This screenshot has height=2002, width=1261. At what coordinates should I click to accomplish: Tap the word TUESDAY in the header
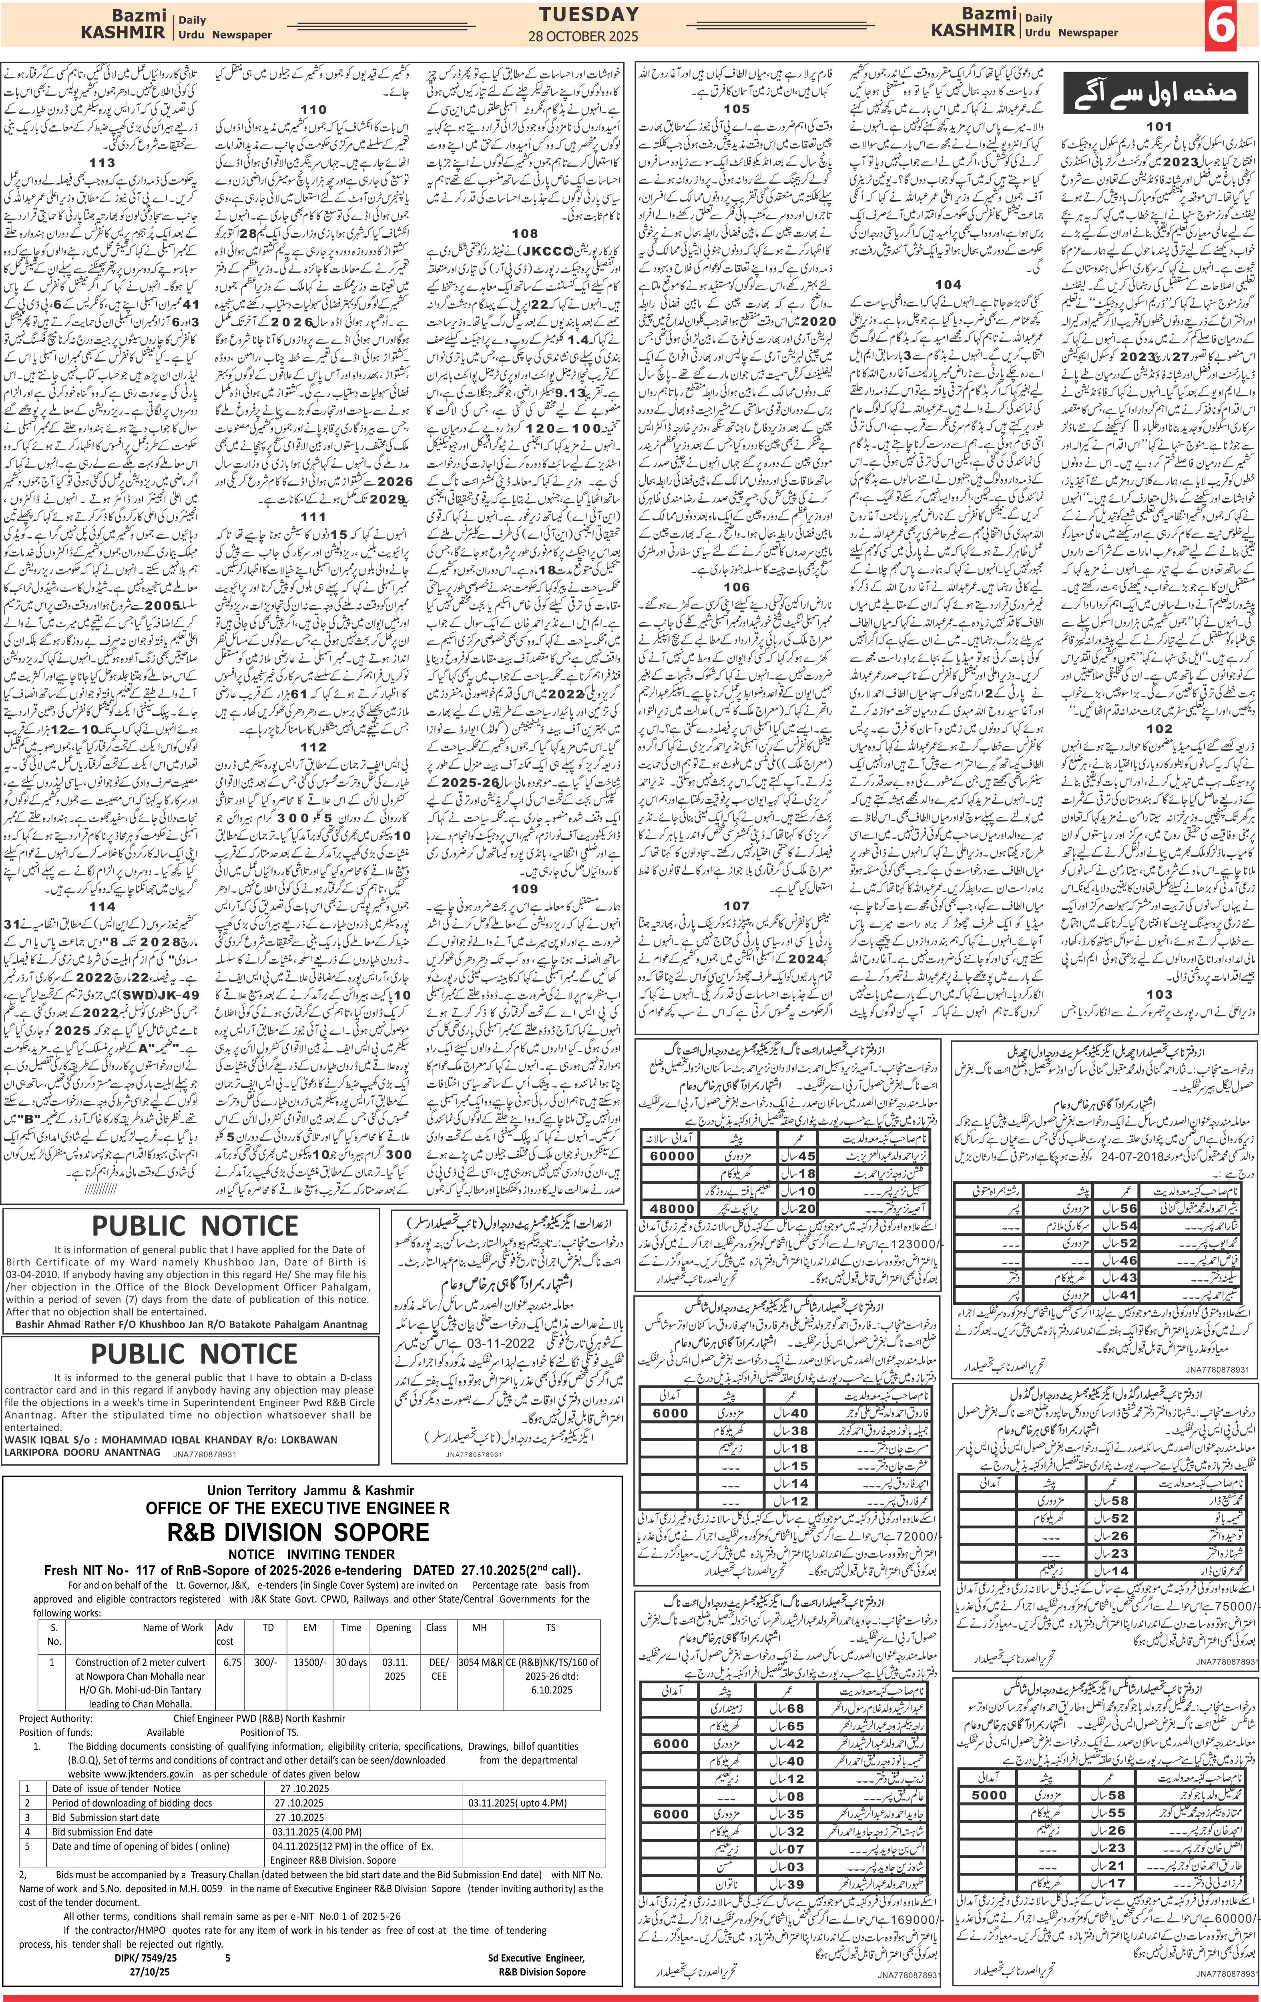click(x=588, y=14)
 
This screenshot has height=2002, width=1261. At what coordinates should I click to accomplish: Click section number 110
click(x=313, y=110)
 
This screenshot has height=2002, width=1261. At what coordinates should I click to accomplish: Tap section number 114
click(x=102, y=906)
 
